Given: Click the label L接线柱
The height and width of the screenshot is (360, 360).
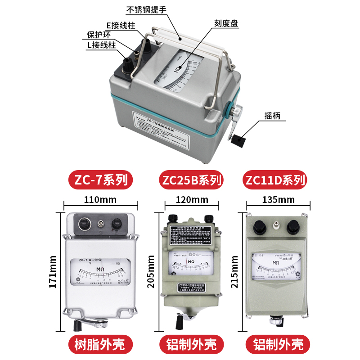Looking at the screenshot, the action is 103,45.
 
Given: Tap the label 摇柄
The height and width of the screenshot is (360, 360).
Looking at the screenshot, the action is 272,115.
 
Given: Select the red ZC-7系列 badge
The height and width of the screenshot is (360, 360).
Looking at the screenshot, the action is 101,180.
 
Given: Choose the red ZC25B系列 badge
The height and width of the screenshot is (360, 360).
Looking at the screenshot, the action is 191,180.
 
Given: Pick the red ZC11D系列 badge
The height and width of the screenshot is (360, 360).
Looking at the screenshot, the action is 275,180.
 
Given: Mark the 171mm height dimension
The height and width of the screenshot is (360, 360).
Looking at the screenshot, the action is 53,272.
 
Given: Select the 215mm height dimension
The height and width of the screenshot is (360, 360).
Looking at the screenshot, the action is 235,272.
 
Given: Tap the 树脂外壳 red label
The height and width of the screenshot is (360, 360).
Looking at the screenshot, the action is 101,344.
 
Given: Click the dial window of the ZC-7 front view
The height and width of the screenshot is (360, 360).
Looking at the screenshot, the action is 102,271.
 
